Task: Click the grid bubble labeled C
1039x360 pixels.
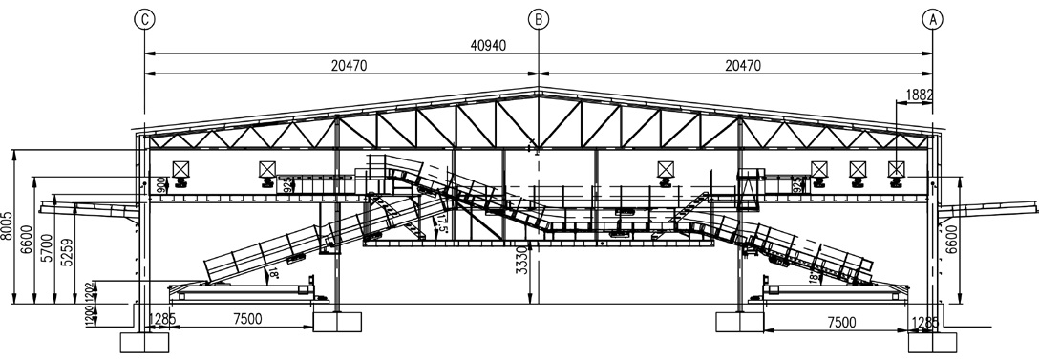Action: (x=143, y=18)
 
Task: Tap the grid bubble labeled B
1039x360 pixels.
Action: (x=539, y=18)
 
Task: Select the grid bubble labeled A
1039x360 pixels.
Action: (x=933, y=18)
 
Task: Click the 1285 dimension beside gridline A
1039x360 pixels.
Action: (x=924, y=322)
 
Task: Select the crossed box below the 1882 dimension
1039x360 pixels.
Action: (x=896, y=169)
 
